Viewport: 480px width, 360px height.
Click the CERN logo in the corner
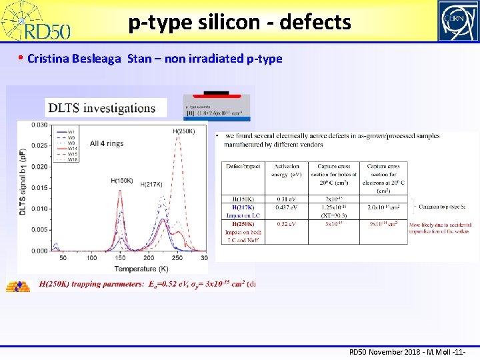[457, 21]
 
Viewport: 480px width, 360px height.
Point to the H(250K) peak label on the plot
[184, 131]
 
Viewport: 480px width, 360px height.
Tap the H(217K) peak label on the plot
[152, 185]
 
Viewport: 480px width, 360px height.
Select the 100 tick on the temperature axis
[91, 257]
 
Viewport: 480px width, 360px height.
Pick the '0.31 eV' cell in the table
[287, 199]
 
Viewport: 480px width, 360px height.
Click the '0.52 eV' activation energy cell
[287, 223]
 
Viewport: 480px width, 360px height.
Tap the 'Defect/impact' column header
[243, 166]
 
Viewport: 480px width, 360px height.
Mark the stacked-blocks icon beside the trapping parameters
[18, 285]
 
